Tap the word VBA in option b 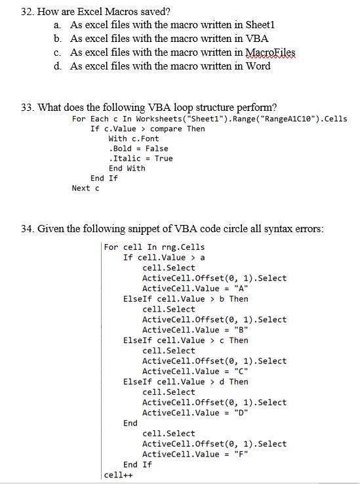(258, 38)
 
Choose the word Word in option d (258, 66)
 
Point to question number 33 (30, 107)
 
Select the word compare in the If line (166, 129)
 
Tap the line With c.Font (134, 138)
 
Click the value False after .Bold (157, 148)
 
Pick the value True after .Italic (164, 158)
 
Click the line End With (127, 168)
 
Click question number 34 (30, 228)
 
